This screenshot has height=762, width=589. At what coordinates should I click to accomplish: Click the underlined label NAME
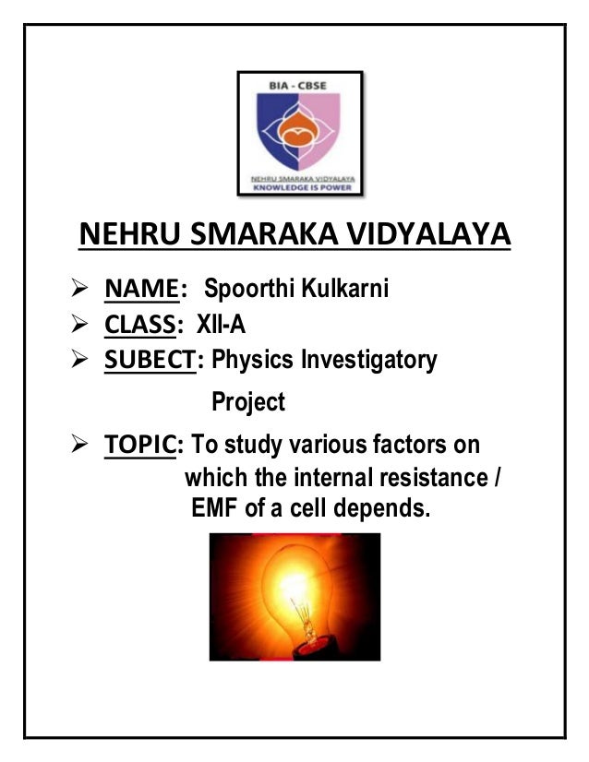click(x=139, y=290)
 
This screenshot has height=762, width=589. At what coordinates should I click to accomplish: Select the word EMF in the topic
click(x=211, y=507)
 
